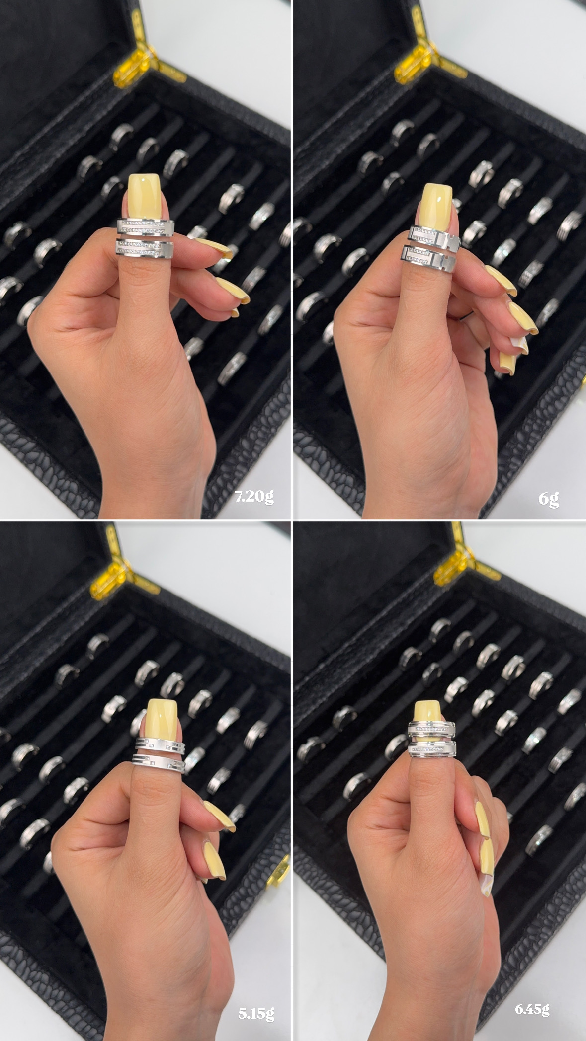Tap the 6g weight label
(549, 498)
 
